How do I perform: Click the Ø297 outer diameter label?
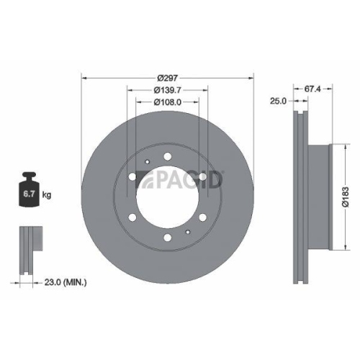coord(168,78)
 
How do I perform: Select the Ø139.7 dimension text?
coord(168,90)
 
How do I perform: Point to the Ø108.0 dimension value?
coord(168,102)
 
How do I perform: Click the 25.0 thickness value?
coord(278,100)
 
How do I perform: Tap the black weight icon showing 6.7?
coord(30,191)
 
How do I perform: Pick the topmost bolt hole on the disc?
coord(168,156)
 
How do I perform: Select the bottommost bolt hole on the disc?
coord(168,237)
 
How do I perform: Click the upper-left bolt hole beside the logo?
coord(133,177)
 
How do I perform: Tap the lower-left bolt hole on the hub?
coord(133,217)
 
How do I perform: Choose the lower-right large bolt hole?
coord(203,217)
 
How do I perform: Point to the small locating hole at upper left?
coord(146,163)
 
